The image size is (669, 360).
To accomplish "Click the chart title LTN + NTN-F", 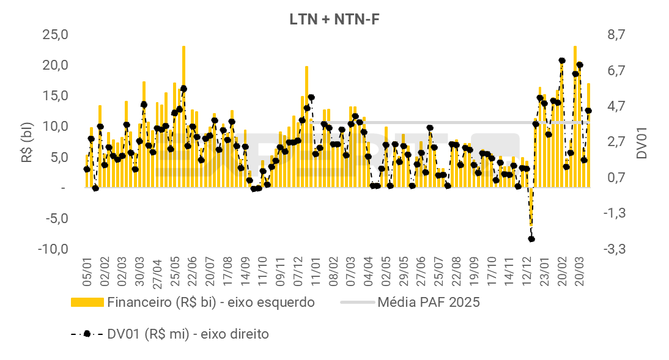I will [x=335, y=19].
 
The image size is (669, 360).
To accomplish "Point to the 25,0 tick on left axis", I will [x=54, y=34].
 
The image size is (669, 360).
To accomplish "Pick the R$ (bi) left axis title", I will [x=28, y=141].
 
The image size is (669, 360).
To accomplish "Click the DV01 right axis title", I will [x=641, y=141].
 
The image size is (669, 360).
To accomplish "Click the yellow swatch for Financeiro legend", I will [x=87, y=302].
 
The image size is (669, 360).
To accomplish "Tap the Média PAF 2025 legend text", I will [x=429, y=302].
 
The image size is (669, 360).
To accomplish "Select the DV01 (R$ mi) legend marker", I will [x=87, y=334].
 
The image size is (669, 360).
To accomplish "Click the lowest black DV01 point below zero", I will [x=531, y=239].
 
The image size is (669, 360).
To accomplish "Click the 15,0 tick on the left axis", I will [x=54, y=95].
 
